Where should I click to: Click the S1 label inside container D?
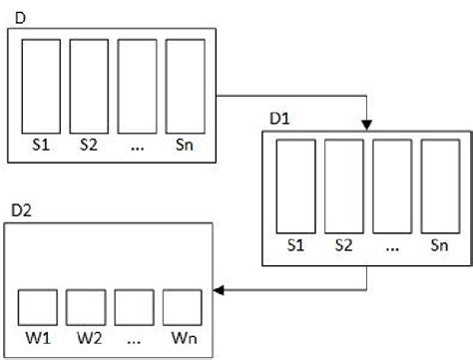click(x=41, y=146)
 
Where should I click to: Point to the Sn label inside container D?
click(x=184, y=146)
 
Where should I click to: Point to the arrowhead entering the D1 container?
click(x=367, y=126)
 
